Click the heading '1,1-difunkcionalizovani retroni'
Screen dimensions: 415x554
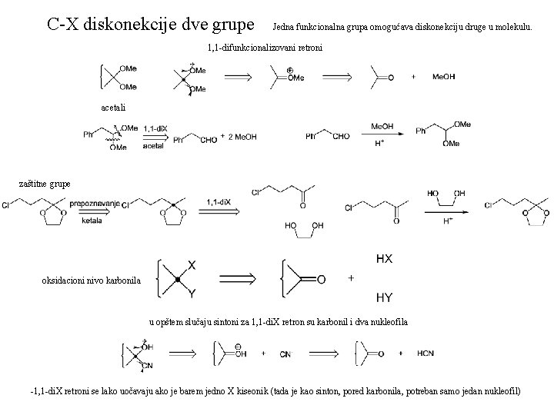pos(265,48)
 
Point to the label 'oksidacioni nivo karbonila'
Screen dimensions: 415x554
pos(92,281)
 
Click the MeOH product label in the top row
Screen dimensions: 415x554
pos(444,77)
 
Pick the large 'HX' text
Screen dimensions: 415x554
pos(384,259)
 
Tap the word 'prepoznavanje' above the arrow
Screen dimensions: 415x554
pos(95,203)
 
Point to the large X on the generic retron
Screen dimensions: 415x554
pos(192,264)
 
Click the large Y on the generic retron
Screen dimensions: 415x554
pos(192,292)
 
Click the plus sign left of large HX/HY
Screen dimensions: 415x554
pos(352,278)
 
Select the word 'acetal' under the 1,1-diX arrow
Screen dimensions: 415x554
pos(155,145)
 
